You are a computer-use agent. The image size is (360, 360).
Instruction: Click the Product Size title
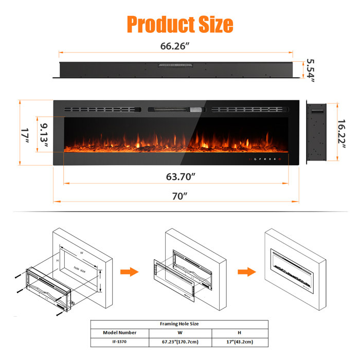[179, 24]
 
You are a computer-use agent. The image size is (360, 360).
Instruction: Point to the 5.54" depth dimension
[310, 70]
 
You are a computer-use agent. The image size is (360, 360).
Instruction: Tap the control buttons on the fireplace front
[263, 158]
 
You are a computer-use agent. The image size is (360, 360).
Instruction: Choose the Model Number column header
[120, 333]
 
